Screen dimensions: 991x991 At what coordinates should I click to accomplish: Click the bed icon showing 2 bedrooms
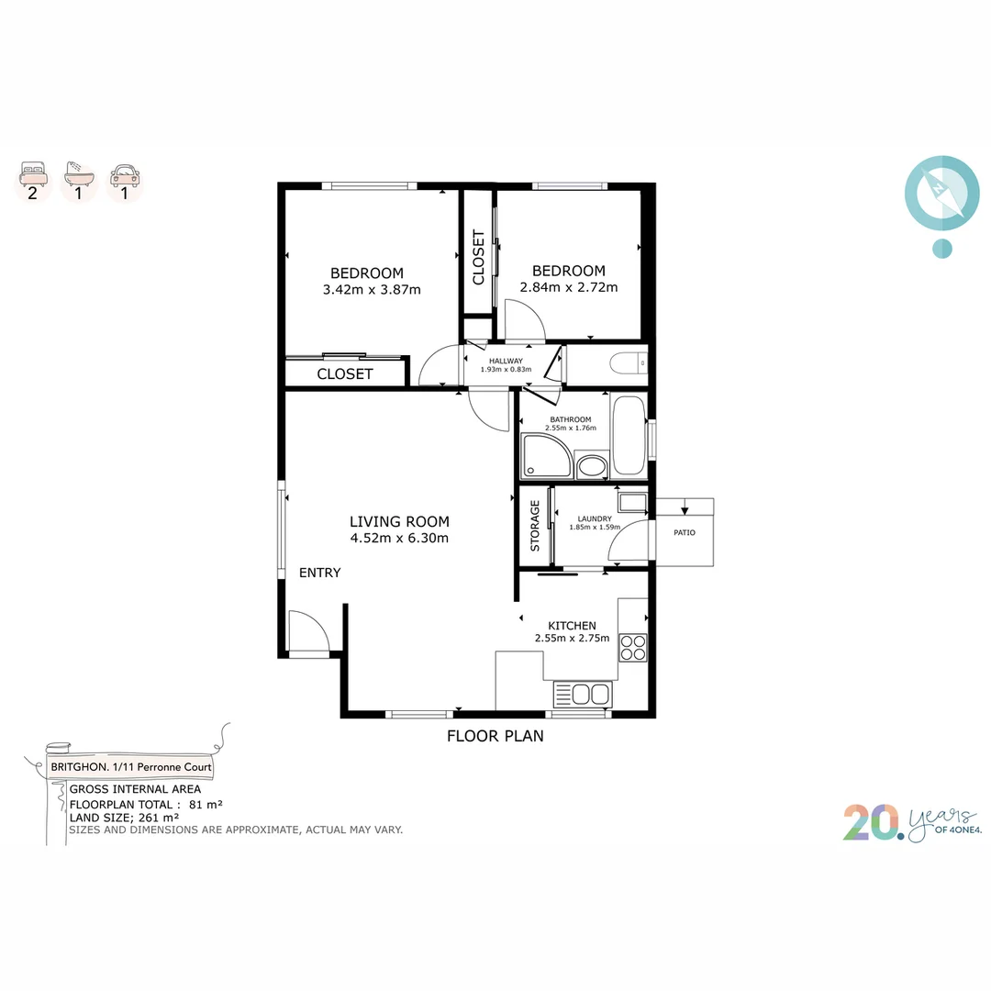(x=33, y=173)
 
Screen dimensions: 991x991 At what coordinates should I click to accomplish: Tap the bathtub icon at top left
(x=79, y=173)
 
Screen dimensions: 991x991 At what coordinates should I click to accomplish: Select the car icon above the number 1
(x=125, y=173)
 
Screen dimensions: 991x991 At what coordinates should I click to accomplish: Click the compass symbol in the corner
(x=941, y=193)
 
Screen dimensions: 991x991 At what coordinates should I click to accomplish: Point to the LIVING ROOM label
(x=399, y=521)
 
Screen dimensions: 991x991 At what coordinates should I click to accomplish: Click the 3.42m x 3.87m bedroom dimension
(x=372, y=289)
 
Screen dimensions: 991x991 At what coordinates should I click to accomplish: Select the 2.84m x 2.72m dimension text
(x=569, y=287)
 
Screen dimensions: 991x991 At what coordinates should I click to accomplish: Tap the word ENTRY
(x=320, y=573)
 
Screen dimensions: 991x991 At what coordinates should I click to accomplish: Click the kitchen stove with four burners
(x=632, y=648)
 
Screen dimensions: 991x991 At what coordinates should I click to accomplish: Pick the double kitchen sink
(x=583, y=694)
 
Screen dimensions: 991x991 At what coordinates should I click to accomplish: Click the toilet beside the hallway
(x=629, y=364)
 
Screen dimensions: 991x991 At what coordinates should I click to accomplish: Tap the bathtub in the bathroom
(x=629, y=435)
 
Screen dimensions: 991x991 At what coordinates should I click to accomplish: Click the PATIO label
(x=685, y=533)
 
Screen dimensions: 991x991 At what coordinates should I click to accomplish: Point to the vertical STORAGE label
(x=535, y=526)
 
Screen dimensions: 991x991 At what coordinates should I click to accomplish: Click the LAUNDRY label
(x=595, y=518)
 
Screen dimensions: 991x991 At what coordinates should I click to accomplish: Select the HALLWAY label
(x=506, y=361)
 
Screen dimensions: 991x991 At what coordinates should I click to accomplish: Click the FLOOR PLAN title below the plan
(x=495, y=736)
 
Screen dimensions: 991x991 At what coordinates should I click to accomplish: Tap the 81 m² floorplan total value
(x=206, y=805)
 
